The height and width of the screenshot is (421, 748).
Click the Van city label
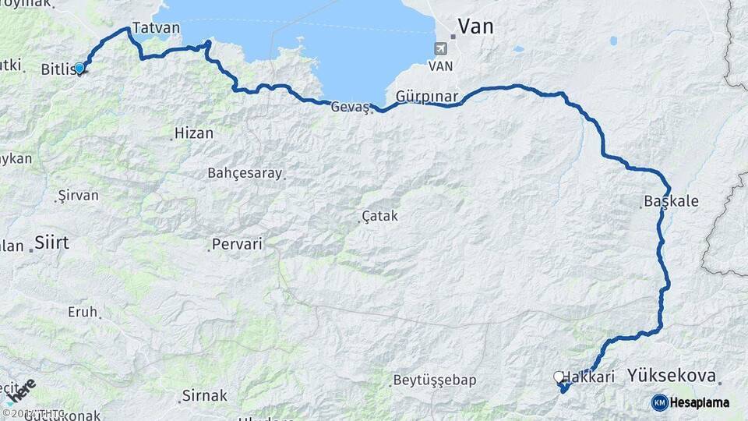[x=475, y=27]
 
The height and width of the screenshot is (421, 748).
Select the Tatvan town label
[x=156, y=28]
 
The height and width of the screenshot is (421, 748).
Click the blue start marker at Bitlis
[x=79, y=69]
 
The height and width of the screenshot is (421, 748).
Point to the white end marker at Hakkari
[x=559, y=377]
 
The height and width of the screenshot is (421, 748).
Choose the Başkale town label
[x=671, y=201]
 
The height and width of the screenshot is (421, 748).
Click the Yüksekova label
[x=671, y=376]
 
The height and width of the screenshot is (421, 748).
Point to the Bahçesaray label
[x=245, y=173]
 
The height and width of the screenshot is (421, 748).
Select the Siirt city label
[x=51, y=243]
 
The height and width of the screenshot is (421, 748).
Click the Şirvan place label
[x=78, y=196]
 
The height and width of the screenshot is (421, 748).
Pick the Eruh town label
[x=83, y=312]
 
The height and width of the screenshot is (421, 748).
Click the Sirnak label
[x=204, y=396]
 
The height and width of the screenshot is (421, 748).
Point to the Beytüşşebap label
[x=435, y=380]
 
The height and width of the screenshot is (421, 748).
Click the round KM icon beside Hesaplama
[x=659, y=402]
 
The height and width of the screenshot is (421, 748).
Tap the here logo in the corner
[x=21, y=391]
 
